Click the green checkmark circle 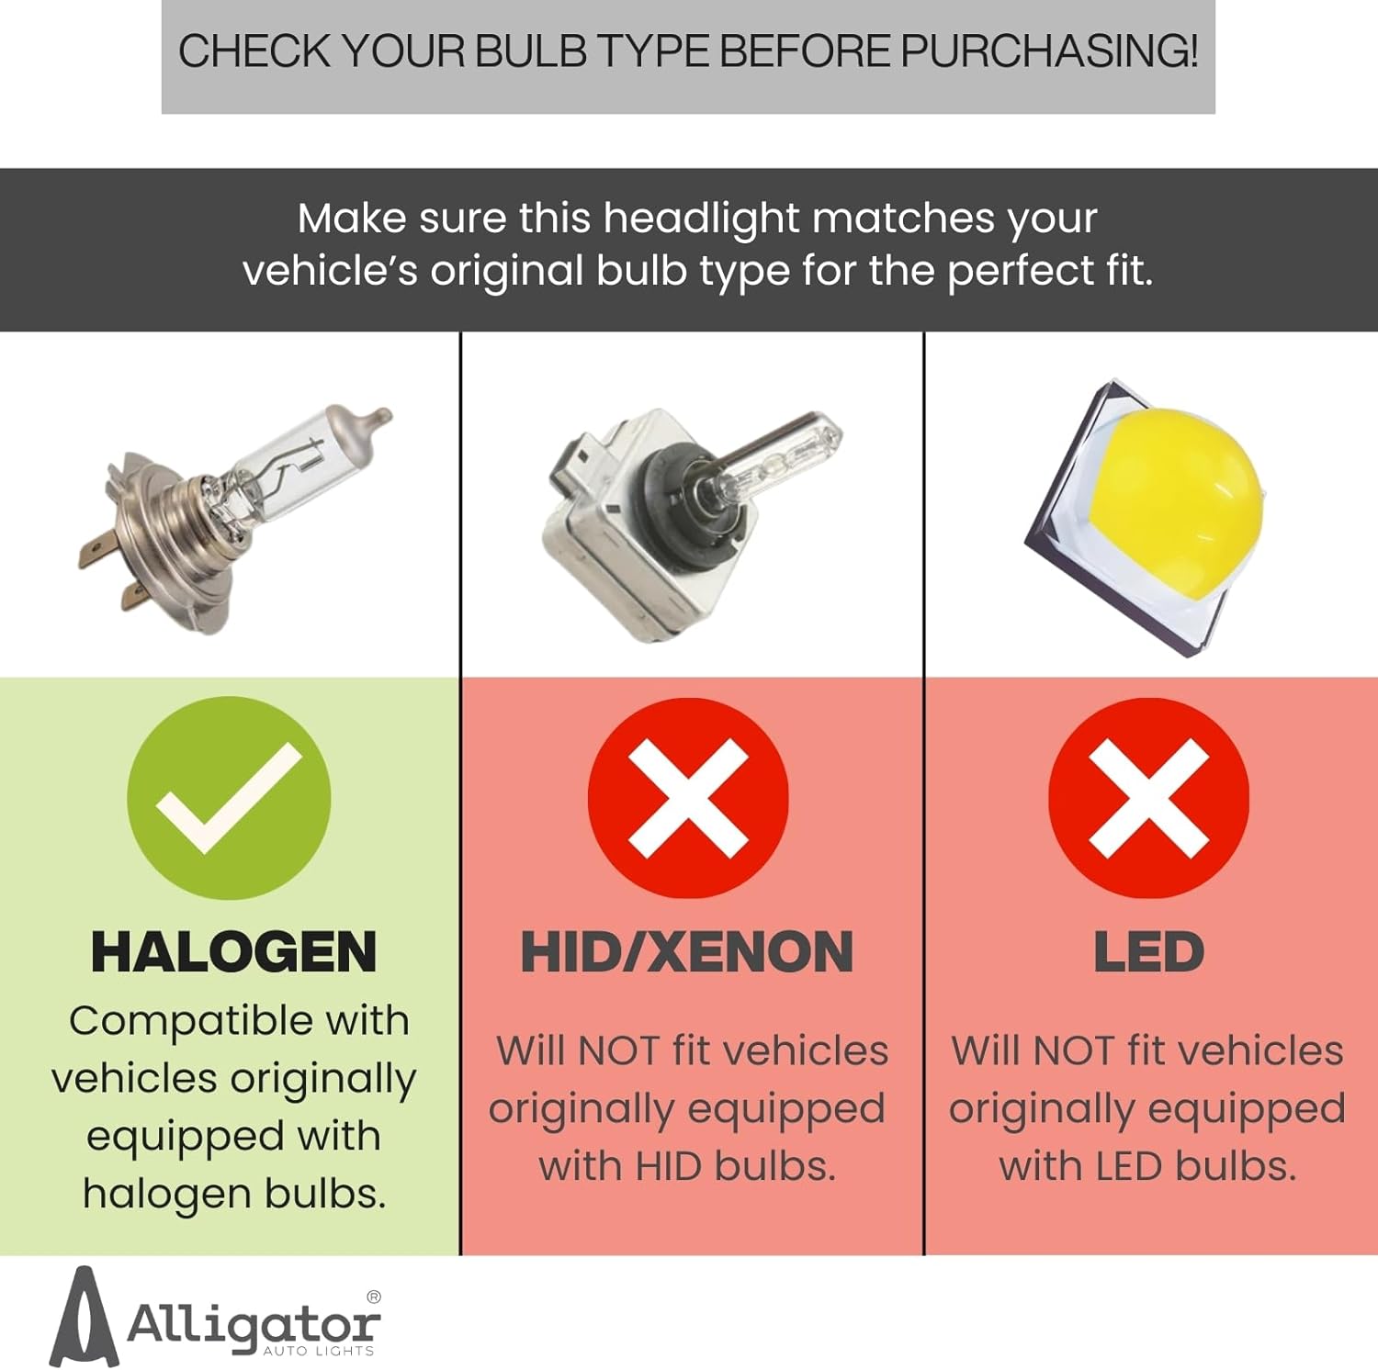(229, 797)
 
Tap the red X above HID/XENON (688, 797)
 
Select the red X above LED (1148, 797)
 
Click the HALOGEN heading (233, 951)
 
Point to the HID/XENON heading (687, 951)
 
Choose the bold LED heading (1148, 951)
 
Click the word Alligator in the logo (253, 1324)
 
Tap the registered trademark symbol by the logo (373, 1297)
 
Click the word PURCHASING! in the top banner (1049, 51)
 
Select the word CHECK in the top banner (254, 51)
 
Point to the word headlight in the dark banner (701, 219)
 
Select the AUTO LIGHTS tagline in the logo (319, 1351)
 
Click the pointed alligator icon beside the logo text (84, 1317)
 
